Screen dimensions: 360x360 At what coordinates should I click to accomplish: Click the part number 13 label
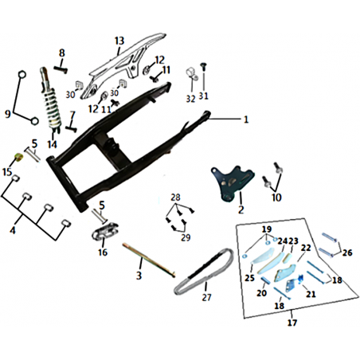119,41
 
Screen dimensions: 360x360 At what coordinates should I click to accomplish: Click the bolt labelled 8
61,68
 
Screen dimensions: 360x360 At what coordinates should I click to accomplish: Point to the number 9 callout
8,114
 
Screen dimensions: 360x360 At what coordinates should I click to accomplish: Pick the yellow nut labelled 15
19,157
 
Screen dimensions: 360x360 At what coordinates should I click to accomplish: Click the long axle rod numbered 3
149,260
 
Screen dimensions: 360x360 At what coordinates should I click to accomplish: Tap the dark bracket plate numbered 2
232,183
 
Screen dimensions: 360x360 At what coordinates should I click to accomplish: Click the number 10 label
276,198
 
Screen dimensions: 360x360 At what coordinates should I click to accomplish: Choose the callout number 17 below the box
292,323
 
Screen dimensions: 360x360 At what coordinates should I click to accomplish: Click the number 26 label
347,252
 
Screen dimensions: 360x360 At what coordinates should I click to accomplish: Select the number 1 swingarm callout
246,119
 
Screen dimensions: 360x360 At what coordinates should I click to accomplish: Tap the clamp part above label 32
192,74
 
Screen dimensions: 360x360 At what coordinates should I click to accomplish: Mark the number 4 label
13,230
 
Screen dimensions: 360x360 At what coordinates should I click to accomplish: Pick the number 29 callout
186,237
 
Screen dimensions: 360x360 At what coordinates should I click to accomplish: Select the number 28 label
175,198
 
